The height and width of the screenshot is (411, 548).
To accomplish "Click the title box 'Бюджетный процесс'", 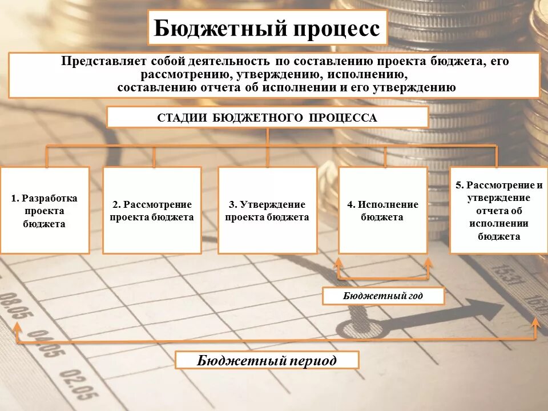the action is point(267,27).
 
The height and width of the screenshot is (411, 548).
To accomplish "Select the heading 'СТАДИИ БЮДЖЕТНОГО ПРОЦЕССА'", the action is point(267,118).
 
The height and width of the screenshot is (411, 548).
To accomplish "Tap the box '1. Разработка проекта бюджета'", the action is point(45,210).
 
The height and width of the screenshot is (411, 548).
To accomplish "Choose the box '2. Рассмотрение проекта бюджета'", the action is point(152,210).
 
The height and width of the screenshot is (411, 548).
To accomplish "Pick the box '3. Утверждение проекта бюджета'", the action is point(267,210).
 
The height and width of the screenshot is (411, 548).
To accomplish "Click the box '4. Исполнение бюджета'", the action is point(382,210).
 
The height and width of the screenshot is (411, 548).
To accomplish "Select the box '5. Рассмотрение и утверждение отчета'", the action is point(498,210).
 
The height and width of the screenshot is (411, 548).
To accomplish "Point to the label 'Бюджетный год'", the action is point(383,296).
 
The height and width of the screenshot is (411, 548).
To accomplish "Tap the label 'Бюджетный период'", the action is point(267,360).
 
